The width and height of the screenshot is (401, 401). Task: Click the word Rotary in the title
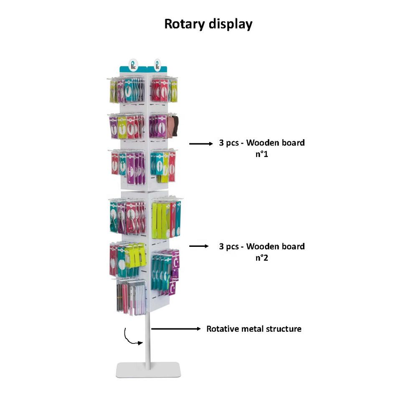pyautogui.click(x=183, y=24)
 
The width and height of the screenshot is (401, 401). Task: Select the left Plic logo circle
pyautogui.click(x=134, y=64)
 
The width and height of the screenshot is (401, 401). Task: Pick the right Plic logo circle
pyautogui.click(x=157, y=64)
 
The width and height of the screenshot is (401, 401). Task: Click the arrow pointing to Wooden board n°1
pyautogui.click(x=200, y=144)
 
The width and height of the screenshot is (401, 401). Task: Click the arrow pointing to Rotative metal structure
pyautogui.click(x=176, y=329)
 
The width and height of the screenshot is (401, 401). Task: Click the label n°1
pyautogui.click(x=262, y=154)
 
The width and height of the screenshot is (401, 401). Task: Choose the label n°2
pyautogui.click(x=262, y=258)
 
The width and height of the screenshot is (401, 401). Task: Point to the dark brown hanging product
pyautogui.click(x=175, y=125)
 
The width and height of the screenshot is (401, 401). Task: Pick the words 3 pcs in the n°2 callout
pyautogui.click(x=230, y=246)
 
